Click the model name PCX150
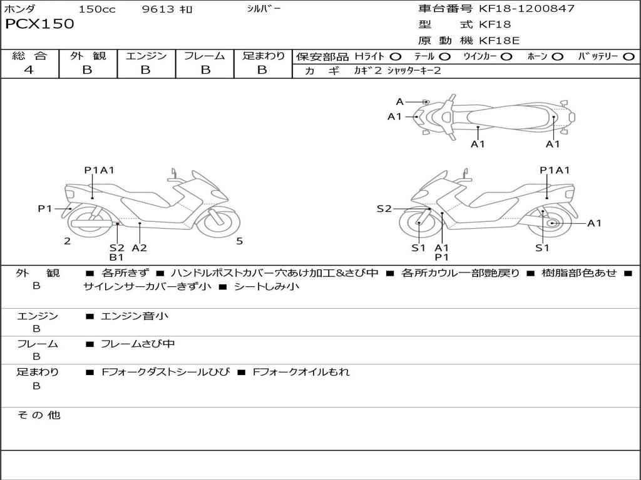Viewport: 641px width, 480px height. [x=39, y=24]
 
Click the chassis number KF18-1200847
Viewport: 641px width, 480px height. [x=526, y=9]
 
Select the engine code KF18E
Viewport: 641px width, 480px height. [x=499, y=41]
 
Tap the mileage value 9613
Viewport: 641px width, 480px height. [x=159, y=9]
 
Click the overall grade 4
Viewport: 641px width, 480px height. [x=29, y=70]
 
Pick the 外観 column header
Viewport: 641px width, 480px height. [x=88, y=56]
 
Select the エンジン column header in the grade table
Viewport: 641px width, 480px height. [x=146, y=56]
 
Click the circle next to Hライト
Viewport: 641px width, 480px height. [x=396, y=56]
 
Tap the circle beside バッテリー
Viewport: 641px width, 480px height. [x=629, y=56]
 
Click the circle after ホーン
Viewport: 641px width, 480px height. [x=557, y=56]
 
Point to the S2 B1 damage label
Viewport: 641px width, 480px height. [x=116, y=252]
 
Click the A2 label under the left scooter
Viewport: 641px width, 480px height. [x=139, y=247]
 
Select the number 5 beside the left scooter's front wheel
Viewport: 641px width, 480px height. [x=239, y=241]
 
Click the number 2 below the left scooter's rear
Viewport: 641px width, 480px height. [x=67, y=241]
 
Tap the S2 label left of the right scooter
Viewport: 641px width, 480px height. [x=384, y=209]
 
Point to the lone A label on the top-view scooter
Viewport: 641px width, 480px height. [x=399, y=102]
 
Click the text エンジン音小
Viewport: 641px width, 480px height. [x=135, y=316]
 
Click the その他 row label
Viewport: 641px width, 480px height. [x=38, y=415]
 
